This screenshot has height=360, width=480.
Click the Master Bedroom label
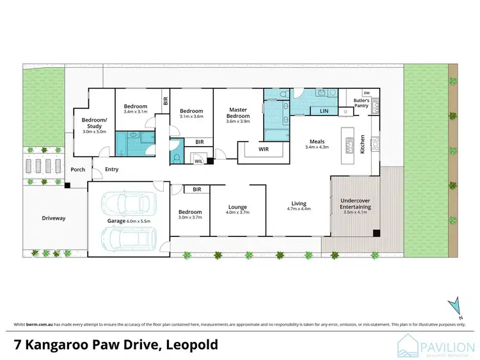(x=238, y=113)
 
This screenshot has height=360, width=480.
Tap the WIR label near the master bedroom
(x=262, y=149)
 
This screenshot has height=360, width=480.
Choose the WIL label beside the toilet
(x=198, y=161)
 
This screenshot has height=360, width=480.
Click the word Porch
(x=78, y=170)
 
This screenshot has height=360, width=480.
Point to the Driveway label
(x=54, y=218)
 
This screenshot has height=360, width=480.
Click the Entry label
(x=111, y=169)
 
